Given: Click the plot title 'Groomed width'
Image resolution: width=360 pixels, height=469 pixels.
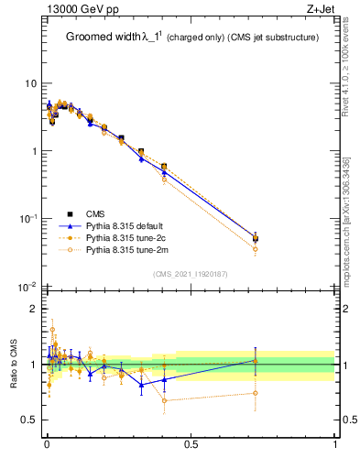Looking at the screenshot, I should click(x=102, y=38).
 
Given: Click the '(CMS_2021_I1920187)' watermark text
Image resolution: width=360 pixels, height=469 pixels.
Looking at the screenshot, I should click(x=191, y=274).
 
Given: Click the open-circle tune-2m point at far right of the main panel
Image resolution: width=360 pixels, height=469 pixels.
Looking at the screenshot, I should click(x=256, y=249).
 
